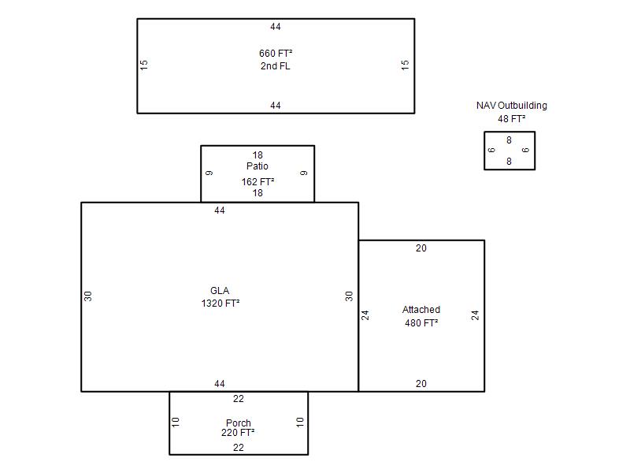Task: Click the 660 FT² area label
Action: [x=276, y=54]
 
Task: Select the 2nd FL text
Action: [x=275, y=66]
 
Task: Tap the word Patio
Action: [x=258, y=166]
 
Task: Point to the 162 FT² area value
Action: [x=258, y=182]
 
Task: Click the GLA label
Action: [x=220, y=291]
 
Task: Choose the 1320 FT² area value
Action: [x=220, y=304]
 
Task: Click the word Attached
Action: [x=421, y=310]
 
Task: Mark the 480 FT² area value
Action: [x=421, y=323]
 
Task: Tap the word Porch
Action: [x=239, y=423]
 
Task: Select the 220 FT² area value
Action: [x=238, y=433]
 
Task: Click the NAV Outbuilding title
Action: [x=511, y=106]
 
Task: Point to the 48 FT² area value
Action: [x=511, y=119]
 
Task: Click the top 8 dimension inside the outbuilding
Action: [x=509, y=140]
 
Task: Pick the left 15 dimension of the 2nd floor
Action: [x=144, y=65]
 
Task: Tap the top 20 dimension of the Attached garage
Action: [x=421, y=248]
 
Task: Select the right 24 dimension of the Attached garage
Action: [x=475, y=315]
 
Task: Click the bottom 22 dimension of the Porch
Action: [x=239, y=448]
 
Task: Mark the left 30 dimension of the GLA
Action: [x=87, y=296]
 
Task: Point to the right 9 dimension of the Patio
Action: [x=304, y=173]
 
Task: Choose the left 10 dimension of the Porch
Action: [x=175, y=423]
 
